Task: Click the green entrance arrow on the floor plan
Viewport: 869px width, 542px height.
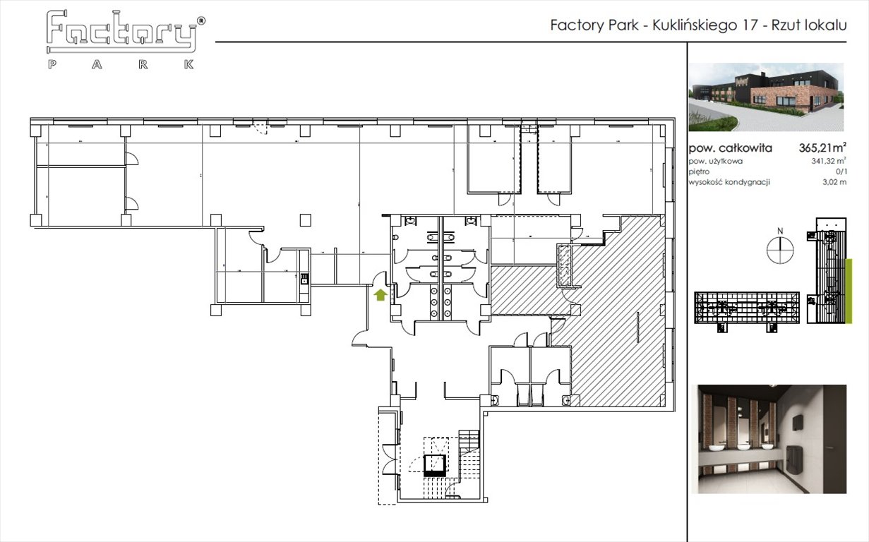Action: (x=380, y=295)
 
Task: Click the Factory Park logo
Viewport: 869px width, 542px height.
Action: (x=123, y=40)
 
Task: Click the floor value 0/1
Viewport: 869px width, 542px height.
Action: (x=839, y=171)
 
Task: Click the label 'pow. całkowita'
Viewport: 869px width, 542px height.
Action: (x=730, y=148)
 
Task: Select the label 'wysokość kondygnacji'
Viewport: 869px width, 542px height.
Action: (x=729, y=182)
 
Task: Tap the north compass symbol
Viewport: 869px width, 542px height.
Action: (x=780, y=250)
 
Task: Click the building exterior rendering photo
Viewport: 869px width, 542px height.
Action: (x=766, y=97)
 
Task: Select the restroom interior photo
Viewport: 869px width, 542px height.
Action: (x=772, y=438)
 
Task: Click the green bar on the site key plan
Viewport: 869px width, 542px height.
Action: (x=849, y=289)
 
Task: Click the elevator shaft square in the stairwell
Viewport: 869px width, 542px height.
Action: (x=433, y=464)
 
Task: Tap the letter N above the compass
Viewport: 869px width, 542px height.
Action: (x=780, y=230)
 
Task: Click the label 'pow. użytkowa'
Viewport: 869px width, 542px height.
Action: (x=716, y=162)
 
